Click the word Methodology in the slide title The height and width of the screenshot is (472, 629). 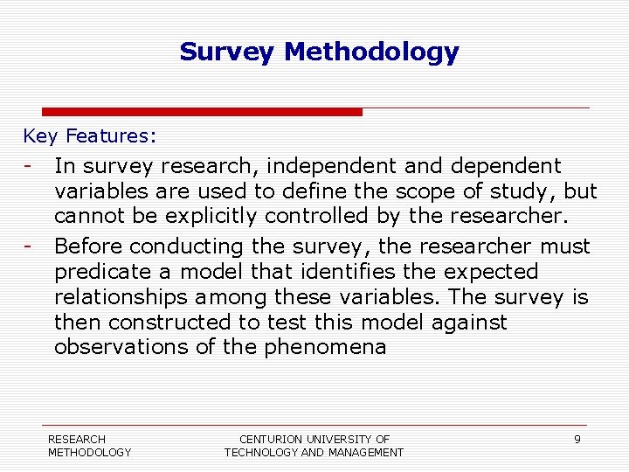click(371, 52)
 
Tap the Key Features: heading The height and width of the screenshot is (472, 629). click(90, 136)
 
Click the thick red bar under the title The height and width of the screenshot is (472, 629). click(202, 112)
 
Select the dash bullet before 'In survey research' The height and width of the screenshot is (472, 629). click(29, 165)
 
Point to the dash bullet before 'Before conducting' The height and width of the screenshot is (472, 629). click(29, 246)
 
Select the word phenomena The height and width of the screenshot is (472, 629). click(325, 348)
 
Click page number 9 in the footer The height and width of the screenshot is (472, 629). click(577, 439)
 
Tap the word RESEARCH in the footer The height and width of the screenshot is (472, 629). click(77, 439)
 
